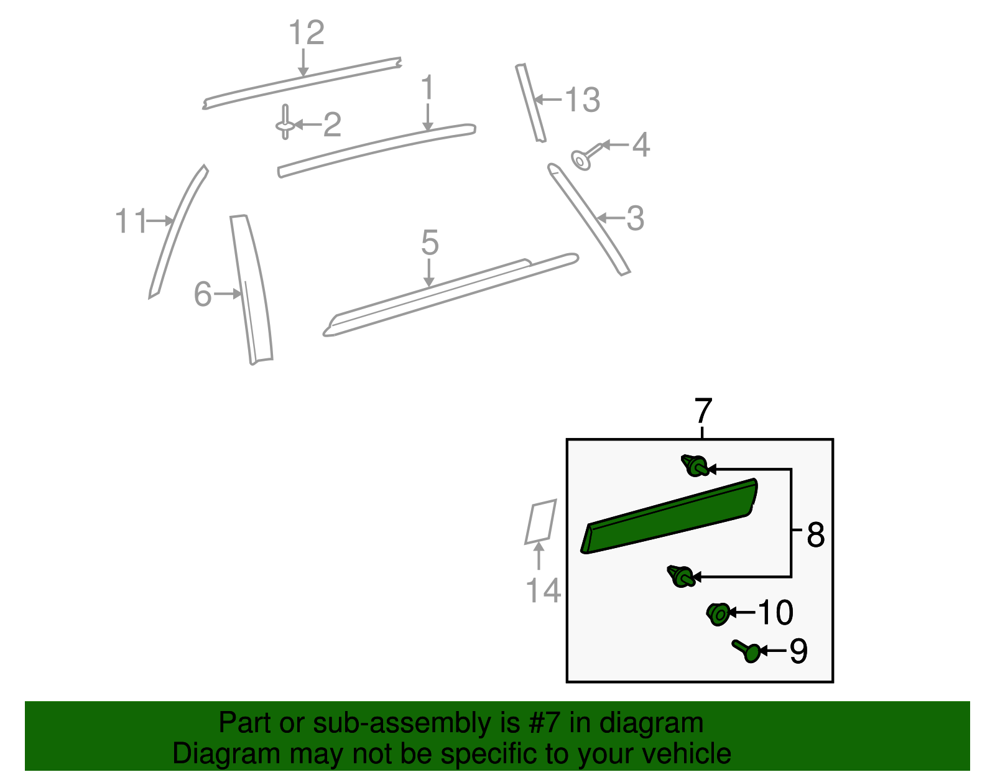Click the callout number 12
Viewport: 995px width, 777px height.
tap(307, 33)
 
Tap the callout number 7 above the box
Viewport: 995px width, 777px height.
tap(703, 412)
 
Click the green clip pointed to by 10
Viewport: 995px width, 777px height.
tap(718, 614)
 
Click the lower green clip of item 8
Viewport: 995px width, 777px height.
tap(681, 575)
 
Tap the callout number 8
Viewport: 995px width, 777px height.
tap(815, 535)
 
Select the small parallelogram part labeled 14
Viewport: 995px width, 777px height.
tap(540, 521)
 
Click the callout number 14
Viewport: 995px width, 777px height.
tap(543, 590)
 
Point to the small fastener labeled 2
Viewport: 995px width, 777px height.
tap(285, 123)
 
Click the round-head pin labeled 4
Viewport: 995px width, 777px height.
tap(583, 159)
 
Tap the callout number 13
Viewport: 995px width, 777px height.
tap(583, 100)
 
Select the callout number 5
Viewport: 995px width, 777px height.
tap(430, 243)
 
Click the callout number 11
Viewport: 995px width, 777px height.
tap(131, 221)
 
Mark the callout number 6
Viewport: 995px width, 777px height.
tap(203, 294)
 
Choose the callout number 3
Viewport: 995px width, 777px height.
tap(635, 219)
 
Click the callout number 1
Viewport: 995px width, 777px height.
tap(427, 89)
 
